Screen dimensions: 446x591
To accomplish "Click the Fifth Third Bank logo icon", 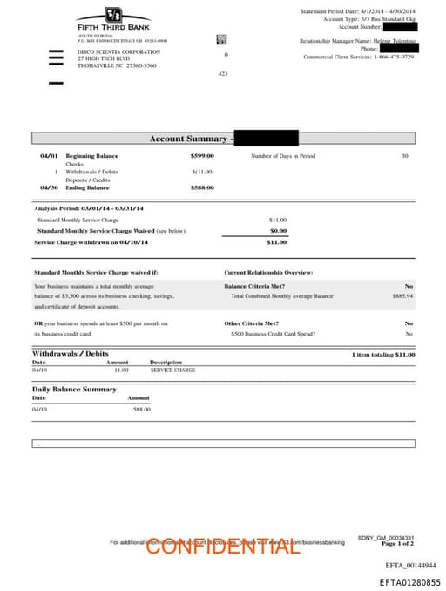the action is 112,15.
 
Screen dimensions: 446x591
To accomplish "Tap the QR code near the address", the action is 220,39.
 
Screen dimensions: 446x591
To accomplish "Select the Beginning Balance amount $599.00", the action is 202,155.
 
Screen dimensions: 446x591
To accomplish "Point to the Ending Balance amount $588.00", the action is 202,187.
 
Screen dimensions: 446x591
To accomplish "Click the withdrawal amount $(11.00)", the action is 203,172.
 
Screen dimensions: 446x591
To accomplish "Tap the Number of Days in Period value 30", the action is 404,155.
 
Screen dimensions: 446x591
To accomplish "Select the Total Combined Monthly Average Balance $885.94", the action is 402,296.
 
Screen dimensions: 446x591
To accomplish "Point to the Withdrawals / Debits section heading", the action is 71,353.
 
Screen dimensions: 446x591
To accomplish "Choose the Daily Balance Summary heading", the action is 74,389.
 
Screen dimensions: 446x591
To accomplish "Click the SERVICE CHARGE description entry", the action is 172,370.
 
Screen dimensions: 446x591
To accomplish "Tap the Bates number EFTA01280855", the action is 409,581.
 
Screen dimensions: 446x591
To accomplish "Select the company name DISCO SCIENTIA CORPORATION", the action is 118,51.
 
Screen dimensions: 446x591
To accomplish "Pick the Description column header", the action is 166,362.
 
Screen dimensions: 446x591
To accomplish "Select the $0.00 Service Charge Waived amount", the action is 278,231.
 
